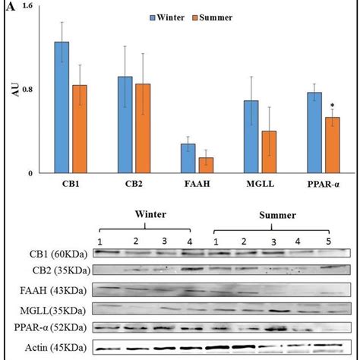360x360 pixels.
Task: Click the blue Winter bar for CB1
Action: pos(62,107)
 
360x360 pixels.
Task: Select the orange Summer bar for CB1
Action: pos(80,129)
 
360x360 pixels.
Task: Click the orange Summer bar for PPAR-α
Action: pos(332,145)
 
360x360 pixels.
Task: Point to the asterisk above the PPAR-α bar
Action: pos(332,107)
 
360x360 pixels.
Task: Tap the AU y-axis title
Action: pos(14,90)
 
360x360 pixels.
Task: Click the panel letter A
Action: pos(8,8)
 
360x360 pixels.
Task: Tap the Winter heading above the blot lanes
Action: pos(150,215)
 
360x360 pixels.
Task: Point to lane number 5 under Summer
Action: pos(328,241)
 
